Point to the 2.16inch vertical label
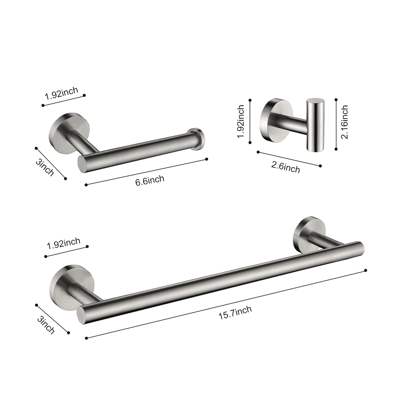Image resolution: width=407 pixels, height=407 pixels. pyautogui.click(x=344, y=122)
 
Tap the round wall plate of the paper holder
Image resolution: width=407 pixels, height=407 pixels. pyautogui.click(x=61, y=130)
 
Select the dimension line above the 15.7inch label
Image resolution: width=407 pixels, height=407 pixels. pyautogui.click(x=225, y=304)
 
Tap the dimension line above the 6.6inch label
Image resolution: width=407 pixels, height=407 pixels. pyautogui.click(x=146, y=172)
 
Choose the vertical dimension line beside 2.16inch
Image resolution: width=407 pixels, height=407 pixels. pyautogui.click(x=336, y=124)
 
